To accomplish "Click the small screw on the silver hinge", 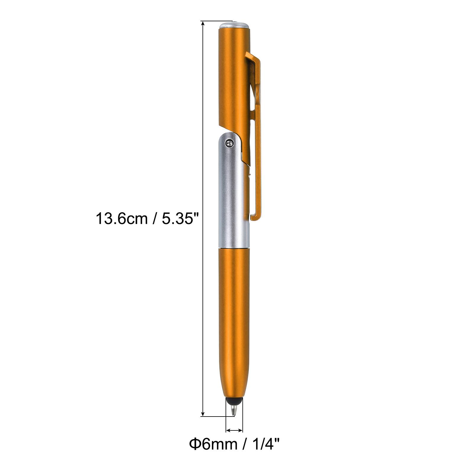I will [229, 143].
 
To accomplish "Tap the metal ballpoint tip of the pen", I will [234, 411].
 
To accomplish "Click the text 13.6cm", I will [121, 219].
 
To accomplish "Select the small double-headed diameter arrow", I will [234, 430].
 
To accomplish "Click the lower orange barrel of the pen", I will [234, 310].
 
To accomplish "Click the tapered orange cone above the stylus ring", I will [234, 387].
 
